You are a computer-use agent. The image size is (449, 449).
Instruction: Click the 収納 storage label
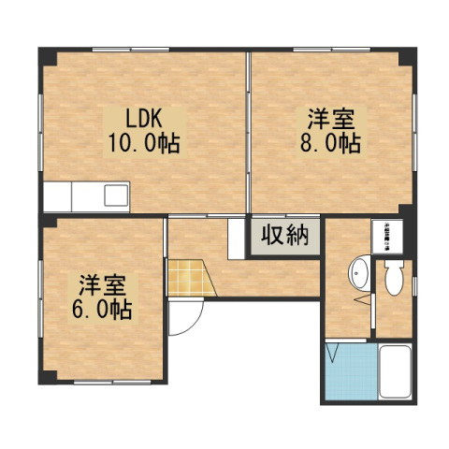(284, 236)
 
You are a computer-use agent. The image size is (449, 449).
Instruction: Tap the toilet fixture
(393, 276)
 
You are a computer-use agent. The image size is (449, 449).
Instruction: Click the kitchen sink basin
(116, 196)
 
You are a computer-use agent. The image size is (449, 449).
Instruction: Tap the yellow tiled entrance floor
(185, 278)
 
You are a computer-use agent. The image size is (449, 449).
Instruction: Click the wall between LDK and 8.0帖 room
(249, 131)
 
